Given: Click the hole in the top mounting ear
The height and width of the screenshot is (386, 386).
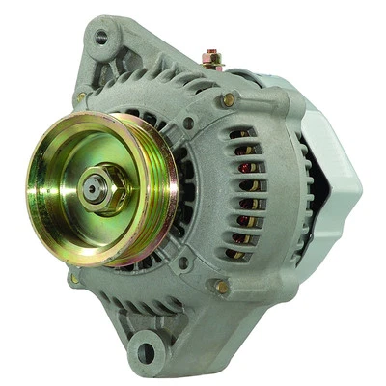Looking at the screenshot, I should pyautogui.click(x=100, y=39).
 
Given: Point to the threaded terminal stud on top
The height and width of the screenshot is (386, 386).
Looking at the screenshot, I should pyautogui.click(x=213, y=58).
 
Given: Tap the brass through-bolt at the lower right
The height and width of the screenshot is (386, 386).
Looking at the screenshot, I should pyautogui.click(x=222, y=286).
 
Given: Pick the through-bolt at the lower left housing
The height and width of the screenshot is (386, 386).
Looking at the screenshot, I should pyautogui.click(x=75, y=279).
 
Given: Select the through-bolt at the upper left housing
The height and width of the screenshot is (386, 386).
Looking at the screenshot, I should pyautogui.click(x=81, y=97).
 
